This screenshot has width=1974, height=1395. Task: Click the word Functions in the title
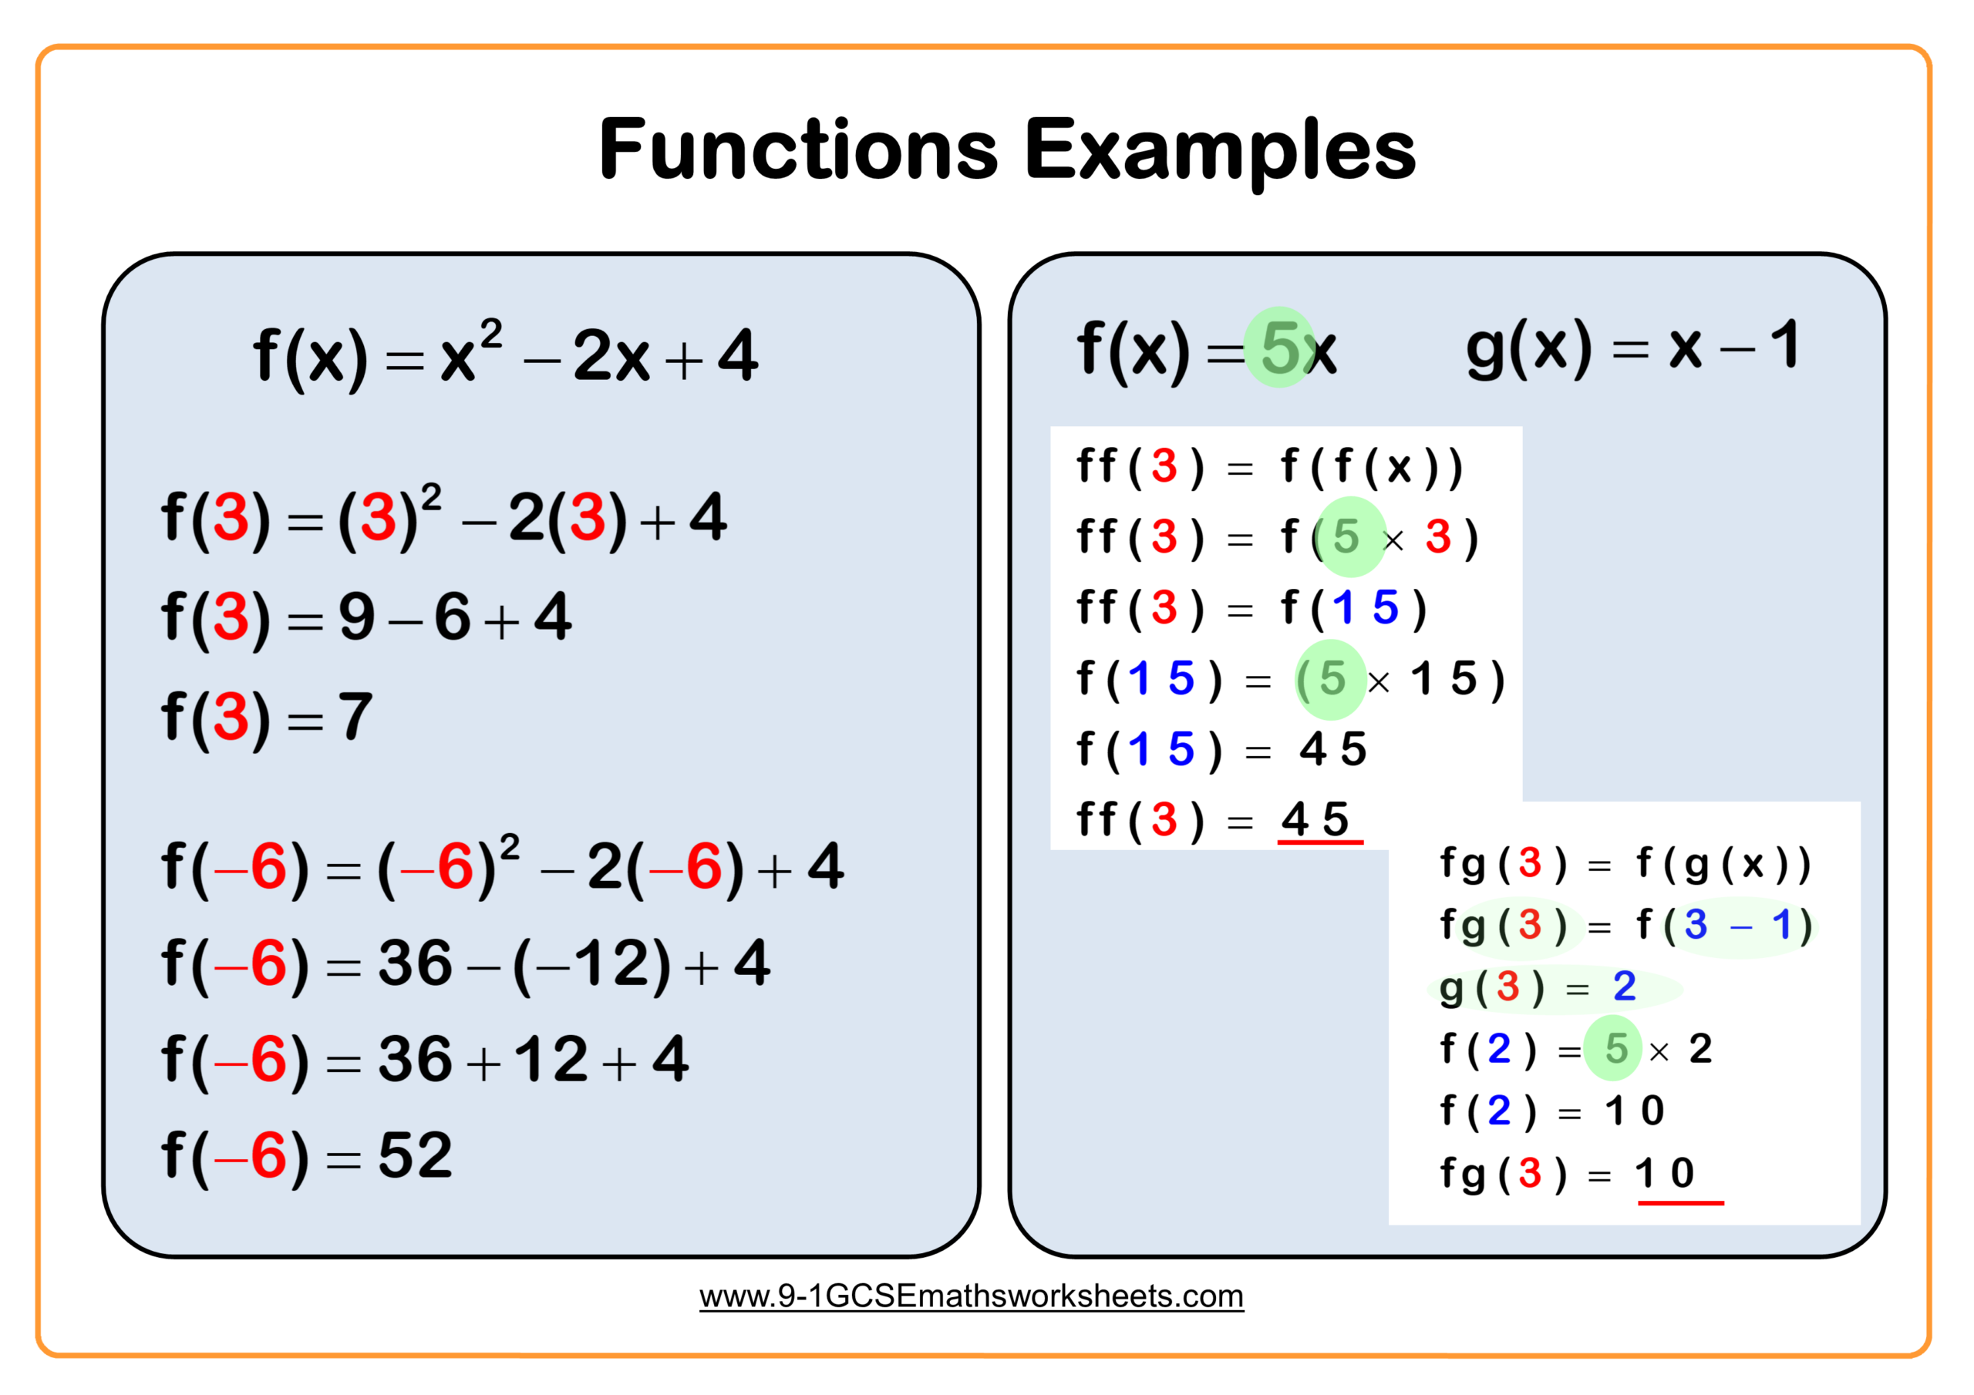point(798,150)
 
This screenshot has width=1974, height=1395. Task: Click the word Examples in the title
point(1220,151)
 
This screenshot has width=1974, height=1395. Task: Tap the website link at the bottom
point(971,1296)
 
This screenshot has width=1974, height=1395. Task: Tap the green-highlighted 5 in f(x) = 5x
point(1280,348)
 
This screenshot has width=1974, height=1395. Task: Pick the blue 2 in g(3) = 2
point(1624,986)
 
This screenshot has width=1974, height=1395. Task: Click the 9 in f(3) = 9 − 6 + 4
point(357,617)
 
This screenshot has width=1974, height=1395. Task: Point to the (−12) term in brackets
point(591,963)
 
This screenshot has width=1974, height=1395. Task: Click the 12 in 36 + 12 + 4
point(551,1059)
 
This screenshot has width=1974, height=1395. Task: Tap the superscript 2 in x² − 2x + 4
point(491,334)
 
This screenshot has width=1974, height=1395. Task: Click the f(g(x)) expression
point(1724,863)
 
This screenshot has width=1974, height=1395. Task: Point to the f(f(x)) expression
point(1371,467)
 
